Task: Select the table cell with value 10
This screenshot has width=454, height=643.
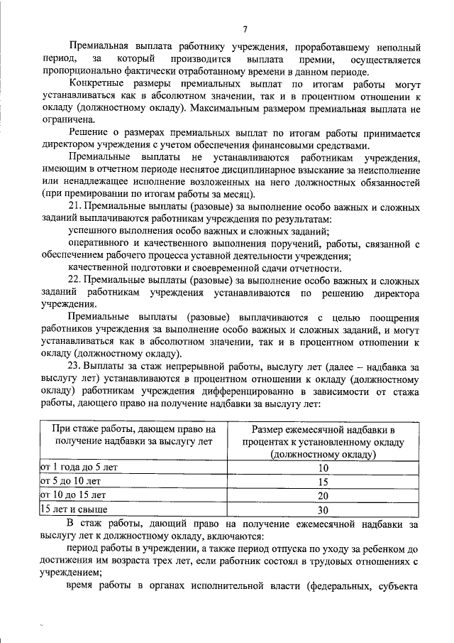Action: click(x=323, y=468)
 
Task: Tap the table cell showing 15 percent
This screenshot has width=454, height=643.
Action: click(x=323, y=482)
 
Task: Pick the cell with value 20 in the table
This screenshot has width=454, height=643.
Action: click(x=323, y=496)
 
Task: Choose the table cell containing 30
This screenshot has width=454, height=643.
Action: click(x=323, y=509)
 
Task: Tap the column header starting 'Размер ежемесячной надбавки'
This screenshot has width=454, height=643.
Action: click(x=323, y=442)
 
